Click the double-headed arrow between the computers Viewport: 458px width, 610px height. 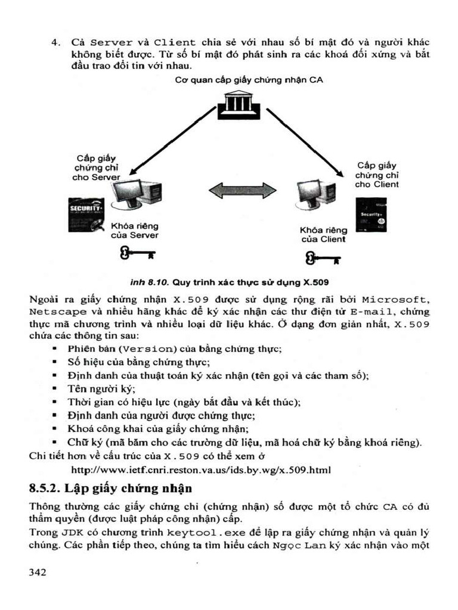[x=242, y=191]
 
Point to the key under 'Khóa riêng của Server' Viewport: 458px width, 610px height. [x=137, y=254]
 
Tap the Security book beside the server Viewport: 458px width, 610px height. [x=86, y=214]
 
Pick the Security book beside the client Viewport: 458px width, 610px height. [x=371, y=214]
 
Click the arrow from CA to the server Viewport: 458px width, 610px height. [x=171, y=141]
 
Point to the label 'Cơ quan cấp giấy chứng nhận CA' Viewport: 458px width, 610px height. [x=249, y=80]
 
